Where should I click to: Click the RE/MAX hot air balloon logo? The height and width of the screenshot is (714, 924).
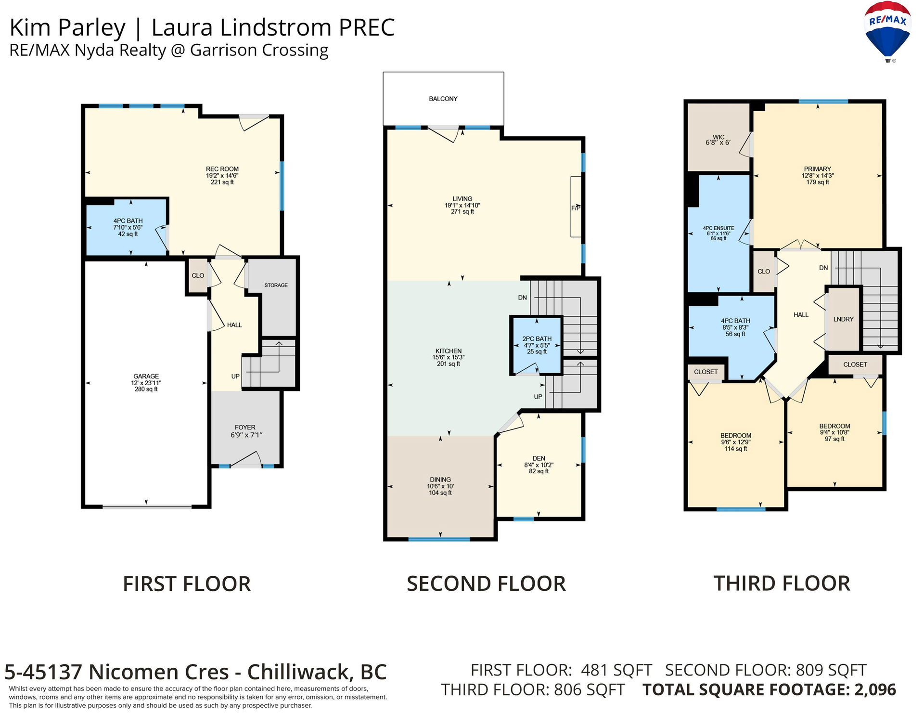[887, 32]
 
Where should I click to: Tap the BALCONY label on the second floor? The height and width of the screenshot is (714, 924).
[443, 99]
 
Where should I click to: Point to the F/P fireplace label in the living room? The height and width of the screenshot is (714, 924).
[576, 208]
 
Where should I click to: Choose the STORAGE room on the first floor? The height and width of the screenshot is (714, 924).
[276, 285]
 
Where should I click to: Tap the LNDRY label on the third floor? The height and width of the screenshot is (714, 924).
[844, 319]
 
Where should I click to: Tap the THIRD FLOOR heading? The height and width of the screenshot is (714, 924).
[782, 584]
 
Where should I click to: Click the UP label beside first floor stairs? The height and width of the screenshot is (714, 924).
[235, 376]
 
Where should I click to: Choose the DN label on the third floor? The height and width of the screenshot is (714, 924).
[823, 268]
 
